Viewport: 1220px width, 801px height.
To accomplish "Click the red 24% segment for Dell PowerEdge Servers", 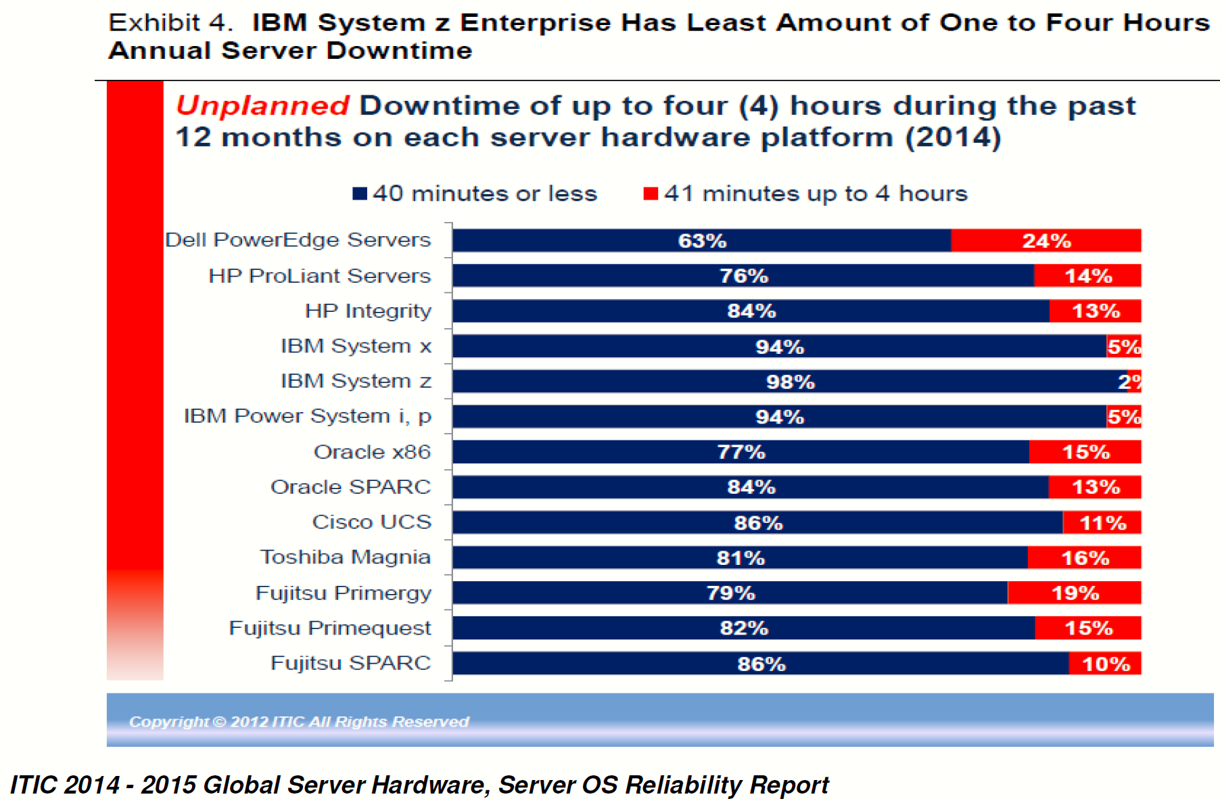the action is tap(1046, 240).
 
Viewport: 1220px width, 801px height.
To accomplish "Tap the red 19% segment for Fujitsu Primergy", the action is tap(1074, 593).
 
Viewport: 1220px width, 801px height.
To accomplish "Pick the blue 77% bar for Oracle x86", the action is tap(741, 452).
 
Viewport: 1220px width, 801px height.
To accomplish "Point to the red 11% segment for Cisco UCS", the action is tap(1102, 522).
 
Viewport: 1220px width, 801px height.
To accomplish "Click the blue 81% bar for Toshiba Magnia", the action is tap(740, 557).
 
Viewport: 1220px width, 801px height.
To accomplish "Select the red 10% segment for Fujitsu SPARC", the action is tap(1105, 663).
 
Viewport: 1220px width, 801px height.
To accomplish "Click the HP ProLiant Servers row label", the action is tap(319, 276).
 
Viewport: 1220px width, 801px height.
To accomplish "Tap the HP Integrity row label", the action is tap(368, 311).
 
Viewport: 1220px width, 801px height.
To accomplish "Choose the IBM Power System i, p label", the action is tap(308, 416).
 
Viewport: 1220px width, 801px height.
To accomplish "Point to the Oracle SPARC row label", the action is tap(350, 487).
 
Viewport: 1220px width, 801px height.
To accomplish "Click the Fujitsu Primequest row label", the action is tap(330, 628).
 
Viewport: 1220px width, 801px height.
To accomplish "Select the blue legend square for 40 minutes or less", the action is tap(360, 193).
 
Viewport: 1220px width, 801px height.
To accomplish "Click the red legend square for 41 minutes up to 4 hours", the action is tap(651, 193).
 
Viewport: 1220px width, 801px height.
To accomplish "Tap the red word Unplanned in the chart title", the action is tap(262, 106).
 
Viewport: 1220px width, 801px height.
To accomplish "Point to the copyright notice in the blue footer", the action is tap(299, 722).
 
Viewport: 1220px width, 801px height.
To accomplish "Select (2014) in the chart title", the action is tap(954, 137).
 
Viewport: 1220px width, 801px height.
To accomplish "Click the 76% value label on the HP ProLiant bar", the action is tap(744, 276).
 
